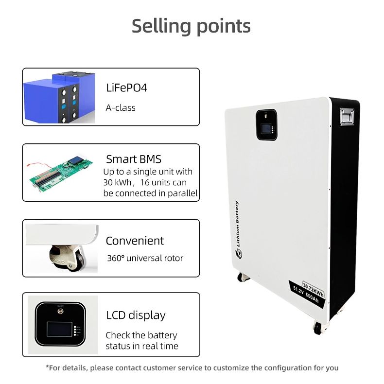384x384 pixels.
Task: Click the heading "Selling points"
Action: point(191,26)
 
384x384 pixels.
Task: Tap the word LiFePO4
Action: point(126,88)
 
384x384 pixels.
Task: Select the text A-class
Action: point(121,107)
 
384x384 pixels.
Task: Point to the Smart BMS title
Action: point(134,159)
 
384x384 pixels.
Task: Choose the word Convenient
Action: point(135,241)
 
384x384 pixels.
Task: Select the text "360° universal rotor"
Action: point(145,258)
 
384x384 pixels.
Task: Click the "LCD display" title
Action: point(136,315)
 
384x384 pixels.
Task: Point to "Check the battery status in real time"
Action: point(141,341)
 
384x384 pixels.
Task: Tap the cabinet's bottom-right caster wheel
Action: point(317,329)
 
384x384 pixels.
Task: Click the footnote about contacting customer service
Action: point(192,367)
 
